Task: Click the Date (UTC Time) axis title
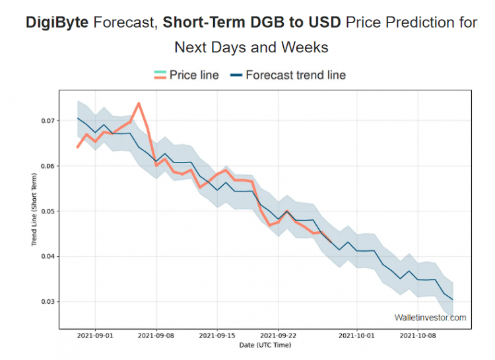(x=265, y=345)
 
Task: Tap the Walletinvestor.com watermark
(x=430, y=318)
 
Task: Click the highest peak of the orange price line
(x=139, y=103)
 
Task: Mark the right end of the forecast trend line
(x=453, y=300)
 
